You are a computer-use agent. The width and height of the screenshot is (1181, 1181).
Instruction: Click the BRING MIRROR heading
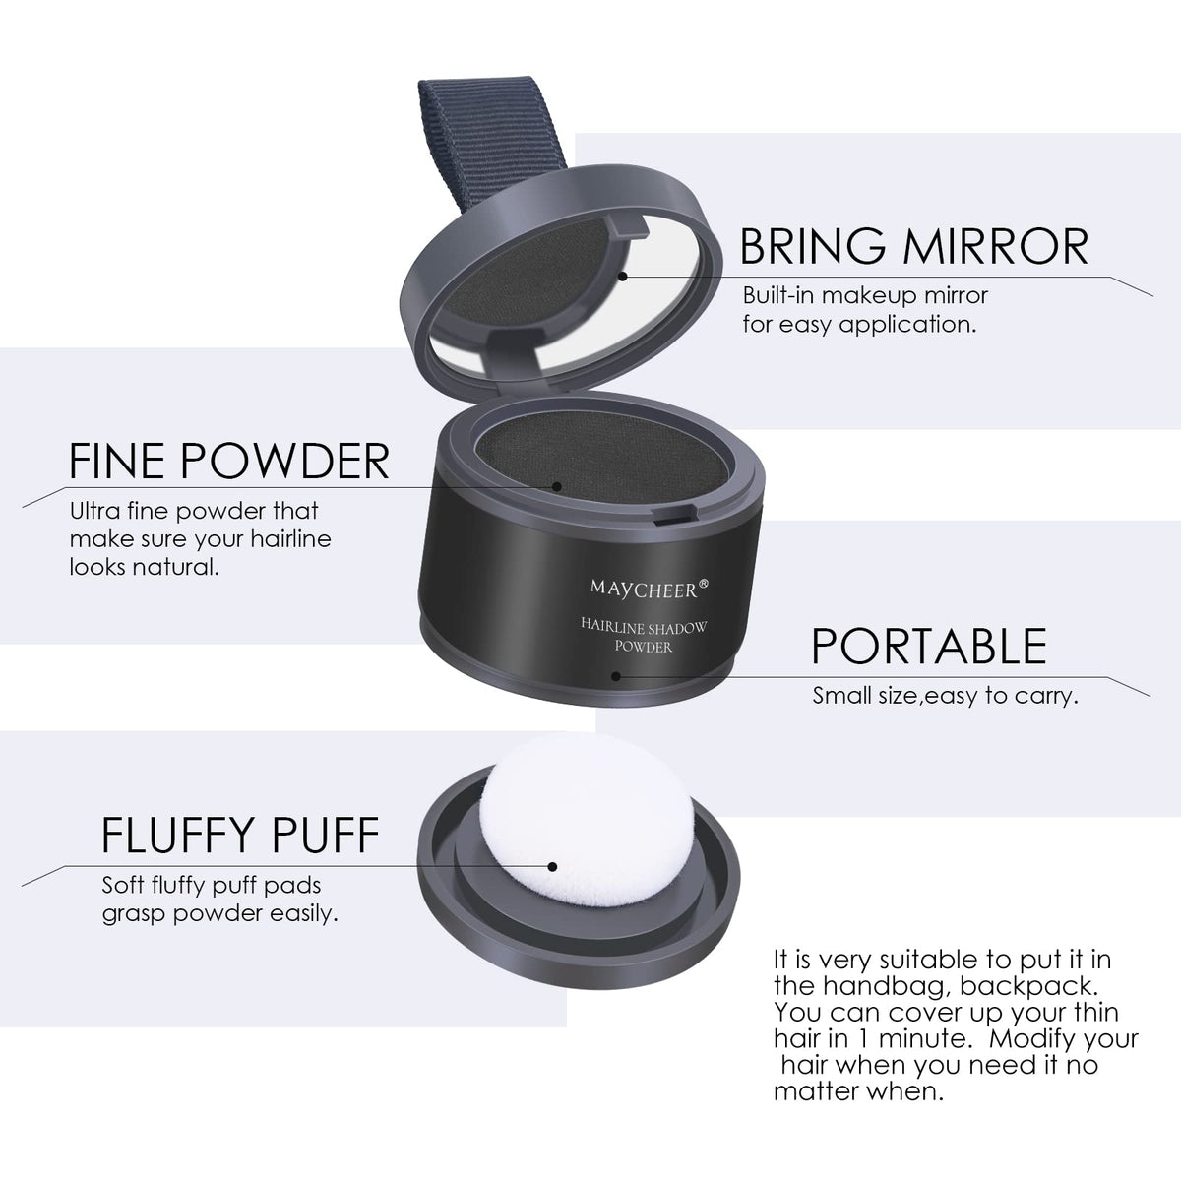tap(913, 246)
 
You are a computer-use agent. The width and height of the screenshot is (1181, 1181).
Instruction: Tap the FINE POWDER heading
tap(228, 461)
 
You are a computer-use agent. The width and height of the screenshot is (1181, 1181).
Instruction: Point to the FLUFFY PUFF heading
tap(240, 835)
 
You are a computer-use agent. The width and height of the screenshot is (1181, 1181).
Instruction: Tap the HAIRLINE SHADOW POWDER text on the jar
tap(644, 636)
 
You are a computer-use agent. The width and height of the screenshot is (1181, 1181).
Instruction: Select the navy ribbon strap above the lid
tap(490, 141)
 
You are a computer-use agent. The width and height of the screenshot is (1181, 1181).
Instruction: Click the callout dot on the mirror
tap(622, 277)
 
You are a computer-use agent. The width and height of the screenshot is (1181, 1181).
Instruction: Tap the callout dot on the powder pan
tap(556, 487)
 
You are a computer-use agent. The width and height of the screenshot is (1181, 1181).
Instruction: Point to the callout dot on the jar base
tap(616, 676)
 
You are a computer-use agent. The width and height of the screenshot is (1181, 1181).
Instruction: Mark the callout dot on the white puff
tap(552, 867)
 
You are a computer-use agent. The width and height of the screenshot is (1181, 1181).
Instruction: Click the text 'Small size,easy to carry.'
tap(945, 696)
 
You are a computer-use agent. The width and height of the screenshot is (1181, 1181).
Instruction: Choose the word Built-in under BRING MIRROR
tap(778, 295)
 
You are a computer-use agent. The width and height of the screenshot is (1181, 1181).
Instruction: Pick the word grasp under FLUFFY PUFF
tap(134, 915)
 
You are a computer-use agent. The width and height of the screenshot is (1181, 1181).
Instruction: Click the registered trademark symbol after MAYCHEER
tap(704, 583)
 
